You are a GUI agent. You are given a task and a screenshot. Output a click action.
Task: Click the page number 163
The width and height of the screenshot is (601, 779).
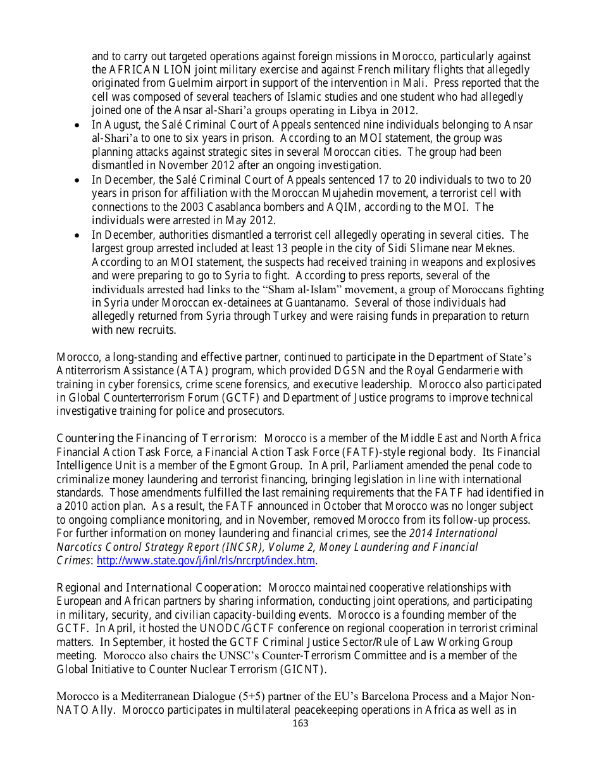click(x=300, y=723)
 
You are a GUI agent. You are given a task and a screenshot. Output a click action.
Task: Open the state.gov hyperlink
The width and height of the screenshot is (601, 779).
click(x=206, y=560)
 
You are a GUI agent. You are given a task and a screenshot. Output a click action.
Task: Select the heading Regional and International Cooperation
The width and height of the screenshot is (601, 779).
click(x=159, y=588)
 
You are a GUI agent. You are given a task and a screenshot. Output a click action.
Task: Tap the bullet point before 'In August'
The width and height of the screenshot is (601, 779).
click(x=77, y=125)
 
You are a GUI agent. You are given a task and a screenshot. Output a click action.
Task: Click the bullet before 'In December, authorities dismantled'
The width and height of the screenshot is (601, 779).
click(x=77, y=236)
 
